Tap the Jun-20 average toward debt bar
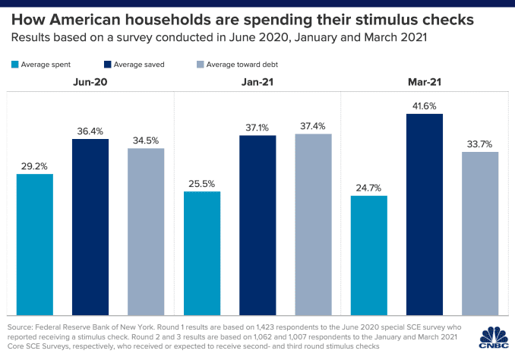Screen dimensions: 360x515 pos(146,231)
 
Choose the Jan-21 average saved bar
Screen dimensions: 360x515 pos(257,225)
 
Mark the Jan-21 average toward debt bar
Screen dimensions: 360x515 pos(313,224)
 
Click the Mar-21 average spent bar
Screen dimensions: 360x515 pos(368,255)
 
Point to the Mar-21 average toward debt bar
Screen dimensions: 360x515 pos(480,233)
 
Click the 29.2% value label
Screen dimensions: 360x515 pos(35,164)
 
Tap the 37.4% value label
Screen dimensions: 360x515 pos(313,124)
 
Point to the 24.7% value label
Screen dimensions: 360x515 pos(369,186)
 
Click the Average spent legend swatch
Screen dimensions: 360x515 pos(15,65)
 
